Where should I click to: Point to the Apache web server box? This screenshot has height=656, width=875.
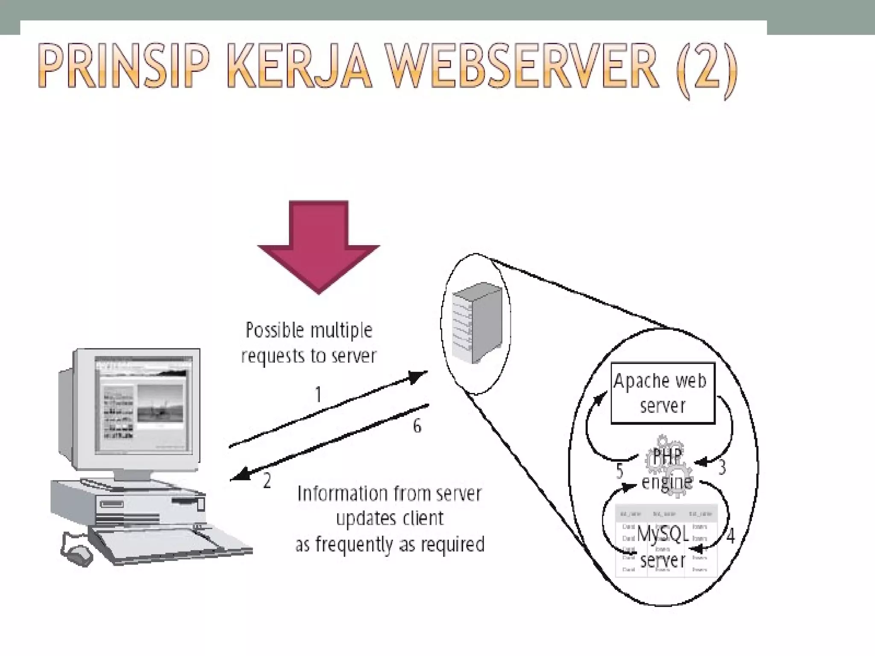(662, 393)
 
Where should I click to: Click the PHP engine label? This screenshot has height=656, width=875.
(667, 470)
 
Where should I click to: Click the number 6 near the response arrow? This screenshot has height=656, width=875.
(417, 426)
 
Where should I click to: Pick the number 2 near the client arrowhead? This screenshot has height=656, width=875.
(267, 481)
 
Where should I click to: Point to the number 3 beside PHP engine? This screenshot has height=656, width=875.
(722, 468)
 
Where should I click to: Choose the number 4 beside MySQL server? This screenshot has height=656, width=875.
(731, 536)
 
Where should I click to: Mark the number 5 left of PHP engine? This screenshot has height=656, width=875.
(620, 471)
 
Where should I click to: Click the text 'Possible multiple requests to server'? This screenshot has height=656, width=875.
(308, 343)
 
